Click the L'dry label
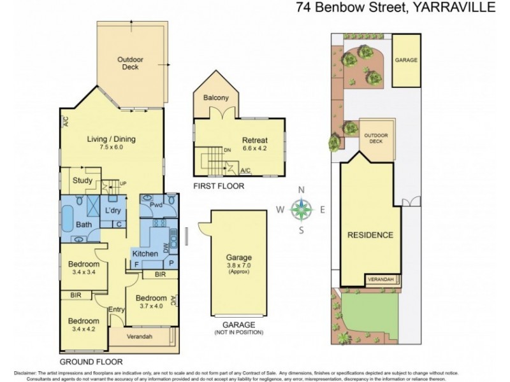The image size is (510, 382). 113,210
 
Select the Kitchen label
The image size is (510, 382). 145,253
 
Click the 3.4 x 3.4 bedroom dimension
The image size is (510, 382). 84,273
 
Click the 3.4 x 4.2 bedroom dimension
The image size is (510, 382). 84,330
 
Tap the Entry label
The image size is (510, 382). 117,310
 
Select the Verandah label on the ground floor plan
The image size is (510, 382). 138,336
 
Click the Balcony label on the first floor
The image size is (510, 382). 216,98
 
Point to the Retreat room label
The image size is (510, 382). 254,141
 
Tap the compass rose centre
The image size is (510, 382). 303,208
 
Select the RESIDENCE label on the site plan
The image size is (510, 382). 370,235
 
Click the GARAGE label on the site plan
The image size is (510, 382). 406,59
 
